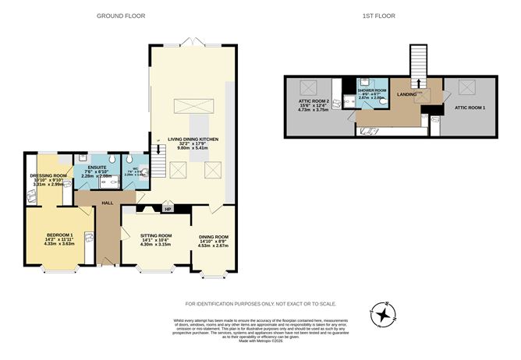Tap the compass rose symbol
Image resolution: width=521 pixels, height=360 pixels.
coord(383,316)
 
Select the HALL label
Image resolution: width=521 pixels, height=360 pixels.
coord(108,202)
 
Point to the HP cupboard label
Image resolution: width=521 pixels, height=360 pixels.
coord(168,209)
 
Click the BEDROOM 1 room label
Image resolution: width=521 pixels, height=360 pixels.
coord(59,235)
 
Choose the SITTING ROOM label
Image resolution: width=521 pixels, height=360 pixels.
coord(155,235)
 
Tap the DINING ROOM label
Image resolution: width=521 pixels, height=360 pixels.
coord(213,236)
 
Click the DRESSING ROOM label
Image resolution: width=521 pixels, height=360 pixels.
coord(45,175)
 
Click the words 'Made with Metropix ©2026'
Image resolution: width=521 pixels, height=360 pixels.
coord(260,341)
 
